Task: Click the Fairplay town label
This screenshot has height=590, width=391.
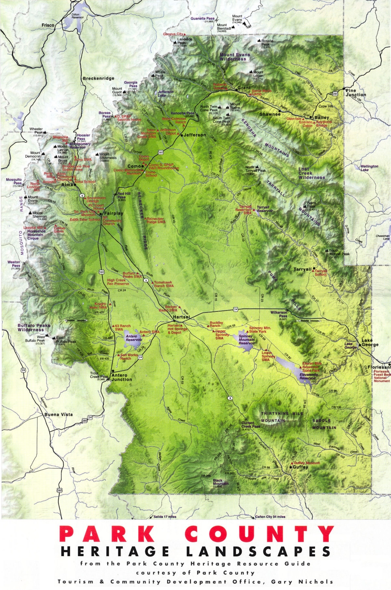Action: tap(114, 213)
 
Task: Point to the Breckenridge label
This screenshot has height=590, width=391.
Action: tap(98, 78)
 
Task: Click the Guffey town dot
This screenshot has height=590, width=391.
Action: tap(291, 467)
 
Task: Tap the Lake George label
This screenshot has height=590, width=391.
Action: tap(370, 342)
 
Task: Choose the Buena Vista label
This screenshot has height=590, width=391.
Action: tap(58, 414)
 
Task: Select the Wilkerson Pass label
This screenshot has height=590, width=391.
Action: tap(279, 314)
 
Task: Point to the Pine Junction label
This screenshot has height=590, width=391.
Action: tap(356, 93)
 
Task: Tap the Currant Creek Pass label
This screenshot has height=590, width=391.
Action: tap(251, 425)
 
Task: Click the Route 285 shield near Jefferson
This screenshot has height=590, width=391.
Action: tap(160, 153)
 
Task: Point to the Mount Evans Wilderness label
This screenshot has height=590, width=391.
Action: tap(235, 57)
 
